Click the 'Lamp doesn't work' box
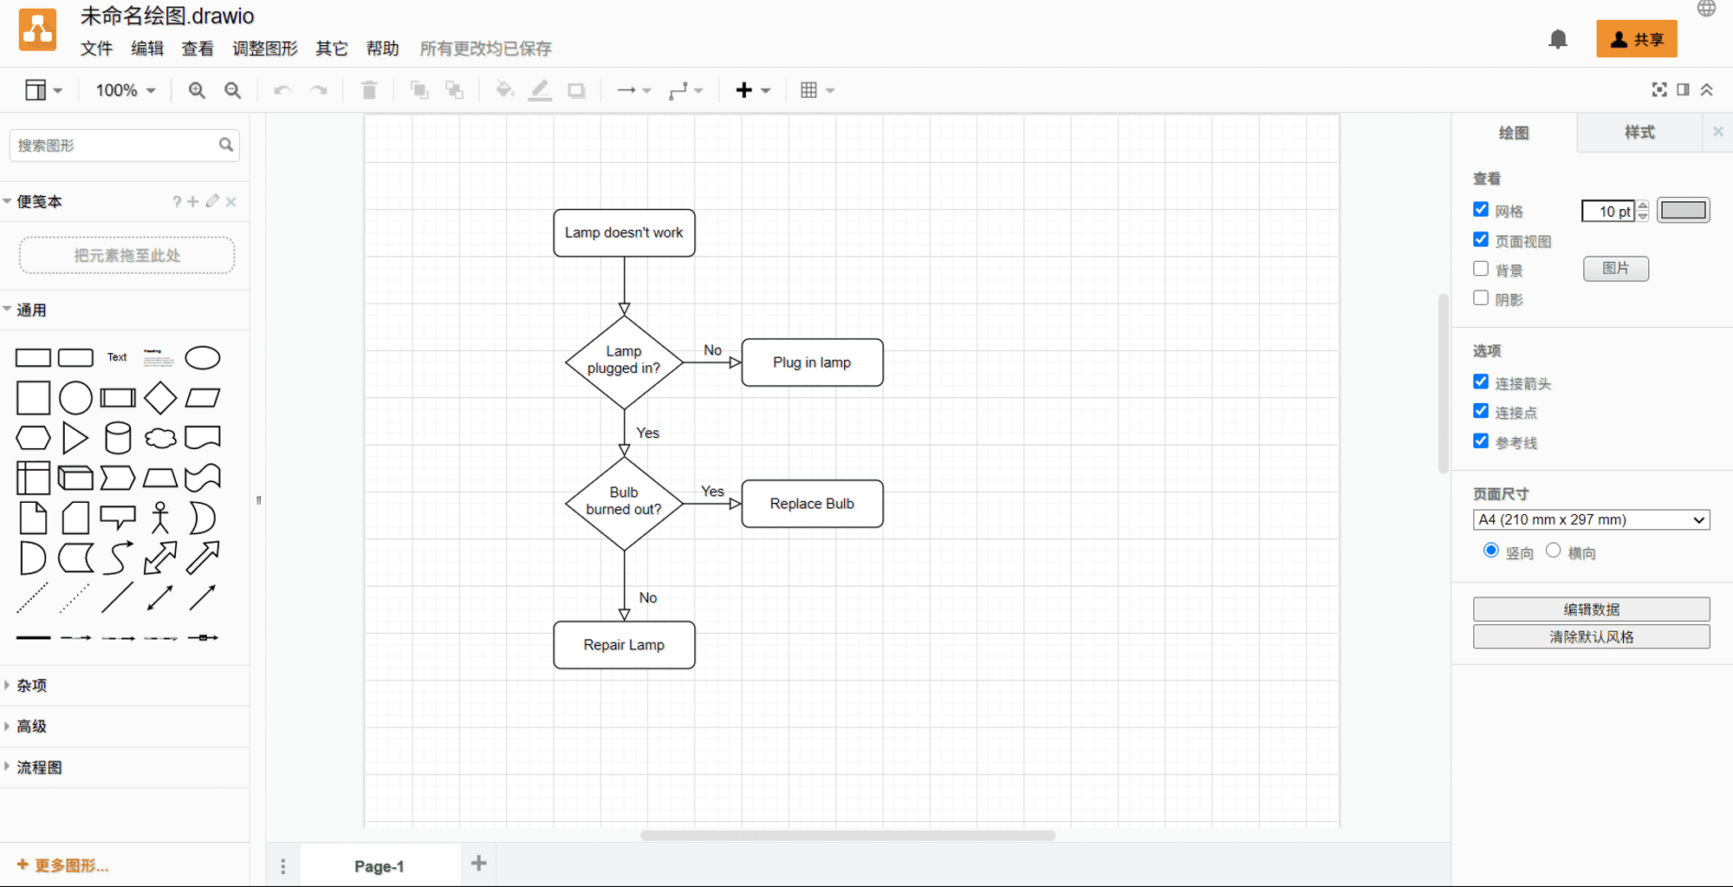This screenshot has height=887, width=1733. click(x=624, y=232)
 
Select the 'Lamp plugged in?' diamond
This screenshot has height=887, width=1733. click(x=624, y=362)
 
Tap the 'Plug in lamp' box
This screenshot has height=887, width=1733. click(x=812, y=362)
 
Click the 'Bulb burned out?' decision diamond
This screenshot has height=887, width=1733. click(x=624, y=503)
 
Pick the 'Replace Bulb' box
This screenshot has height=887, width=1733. click(x=812, y=504)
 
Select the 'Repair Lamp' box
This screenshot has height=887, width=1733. click(x=624, y=645)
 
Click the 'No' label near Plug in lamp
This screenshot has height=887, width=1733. click(x=712, y=350)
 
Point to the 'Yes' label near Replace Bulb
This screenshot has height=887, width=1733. click(x=712, y=492)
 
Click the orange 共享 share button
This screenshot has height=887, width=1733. click(x=1636, y=39)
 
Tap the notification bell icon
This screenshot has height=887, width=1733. click(x=1558, y=39)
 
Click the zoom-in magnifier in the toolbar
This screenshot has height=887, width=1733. click(x=197, y=90)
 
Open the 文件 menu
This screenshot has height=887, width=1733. click(x=96, y=49)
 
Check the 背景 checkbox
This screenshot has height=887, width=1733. click(x=1481, y=269)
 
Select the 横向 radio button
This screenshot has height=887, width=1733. click(x=1553, y=551)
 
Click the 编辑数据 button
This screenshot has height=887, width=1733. click(x=1591, y=609)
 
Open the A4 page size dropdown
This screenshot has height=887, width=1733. click(x=1591, y=519)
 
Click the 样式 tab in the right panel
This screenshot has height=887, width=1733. click(x=1639, y=132)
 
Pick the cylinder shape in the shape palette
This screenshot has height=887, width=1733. click(x=118, y=438)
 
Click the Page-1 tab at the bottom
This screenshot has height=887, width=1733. click(x=380, y=865)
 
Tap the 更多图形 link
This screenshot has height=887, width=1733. click(x=63, y=865)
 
